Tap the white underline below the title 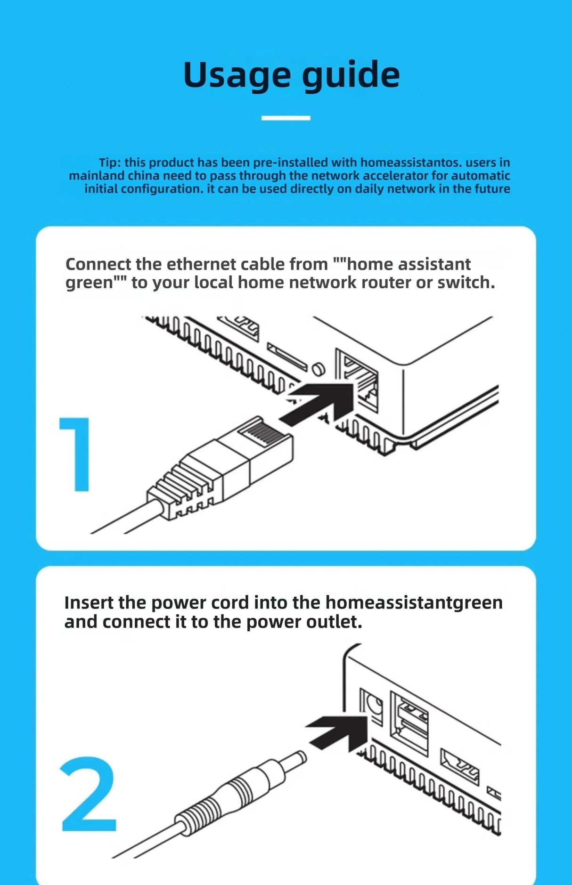[286, 118]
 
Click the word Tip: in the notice [110, 162]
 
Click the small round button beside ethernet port [319, 368]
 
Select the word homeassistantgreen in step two [414, 603]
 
